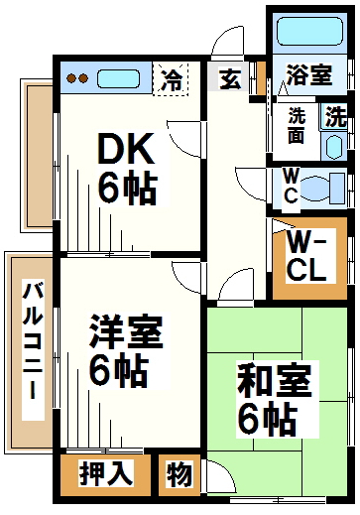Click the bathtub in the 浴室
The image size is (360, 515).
click(x=309, y=32)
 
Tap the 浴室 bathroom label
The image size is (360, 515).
click(x=308, y=74)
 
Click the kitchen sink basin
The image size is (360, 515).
click(x=118, y=78)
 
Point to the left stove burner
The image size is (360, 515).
click(x=71, y=78)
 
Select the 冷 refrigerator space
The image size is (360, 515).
click(x=171, y=79)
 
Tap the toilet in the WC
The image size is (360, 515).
click(x=323, y=189)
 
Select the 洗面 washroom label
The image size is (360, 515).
click(x=297, y=125)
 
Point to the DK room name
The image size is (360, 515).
click(x=126, y=149)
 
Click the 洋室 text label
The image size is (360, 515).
click(x=126, y=331)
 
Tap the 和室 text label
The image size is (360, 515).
click(x=275, y=380)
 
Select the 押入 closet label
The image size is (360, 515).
click(x=106, y=473)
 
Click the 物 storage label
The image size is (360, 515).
click(x=179, y=474)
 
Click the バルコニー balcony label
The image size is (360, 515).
click(x=33, y=339)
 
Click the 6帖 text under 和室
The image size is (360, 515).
click(x=268, y=418)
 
